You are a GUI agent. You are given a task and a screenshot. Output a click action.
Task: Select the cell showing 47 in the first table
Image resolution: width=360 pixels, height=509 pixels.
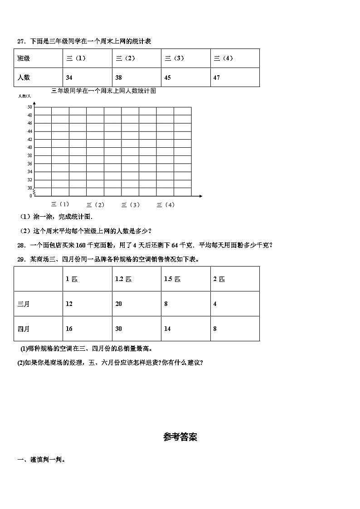217,78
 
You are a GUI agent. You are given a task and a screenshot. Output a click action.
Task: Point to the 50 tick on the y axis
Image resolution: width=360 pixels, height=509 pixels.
30,107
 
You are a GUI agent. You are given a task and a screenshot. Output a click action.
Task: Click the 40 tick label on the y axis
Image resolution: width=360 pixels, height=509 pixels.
30,147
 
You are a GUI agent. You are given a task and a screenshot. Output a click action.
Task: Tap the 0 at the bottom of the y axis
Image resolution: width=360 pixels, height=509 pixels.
31,196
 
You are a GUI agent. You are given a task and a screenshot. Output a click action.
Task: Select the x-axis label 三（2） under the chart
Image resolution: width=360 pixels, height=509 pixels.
95,205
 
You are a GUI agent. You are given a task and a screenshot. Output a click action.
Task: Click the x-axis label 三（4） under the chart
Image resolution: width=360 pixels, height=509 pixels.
165,205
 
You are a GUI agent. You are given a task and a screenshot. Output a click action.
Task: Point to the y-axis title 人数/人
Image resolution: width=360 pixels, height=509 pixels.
24,96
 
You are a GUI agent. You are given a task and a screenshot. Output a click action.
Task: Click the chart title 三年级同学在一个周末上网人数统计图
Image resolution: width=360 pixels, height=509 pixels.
104,91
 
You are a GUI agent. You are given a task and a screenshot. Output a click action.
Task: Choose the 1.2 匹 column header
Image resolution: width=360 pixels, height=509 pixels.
123,279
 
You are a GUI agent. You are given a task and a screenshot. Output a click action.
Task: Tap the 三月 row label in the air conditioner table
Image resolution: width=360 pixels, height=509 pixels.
24,304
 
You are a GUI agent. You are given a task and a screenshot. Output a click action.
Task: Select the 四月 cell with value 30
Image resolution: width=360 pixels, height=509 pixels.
118,329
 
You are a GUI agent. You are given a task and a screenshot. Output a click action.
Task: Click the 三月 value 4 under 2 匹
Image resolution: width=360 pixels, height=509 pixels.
215,304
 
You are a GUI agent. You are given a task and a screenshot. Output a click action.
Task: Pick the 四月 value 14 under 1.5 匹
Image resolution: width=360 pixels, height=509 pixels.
167,329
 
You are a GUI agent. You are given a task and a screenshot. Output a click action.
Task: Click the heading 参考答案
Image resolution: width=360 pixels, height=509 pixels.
180,437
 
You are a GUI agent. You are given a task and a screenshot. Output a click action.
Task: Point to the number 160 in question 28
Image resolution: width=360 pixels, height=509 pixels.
81,245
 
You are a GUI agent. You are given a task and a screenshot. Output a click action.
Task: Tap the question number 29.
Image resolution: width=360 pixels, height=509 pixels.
20,259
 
